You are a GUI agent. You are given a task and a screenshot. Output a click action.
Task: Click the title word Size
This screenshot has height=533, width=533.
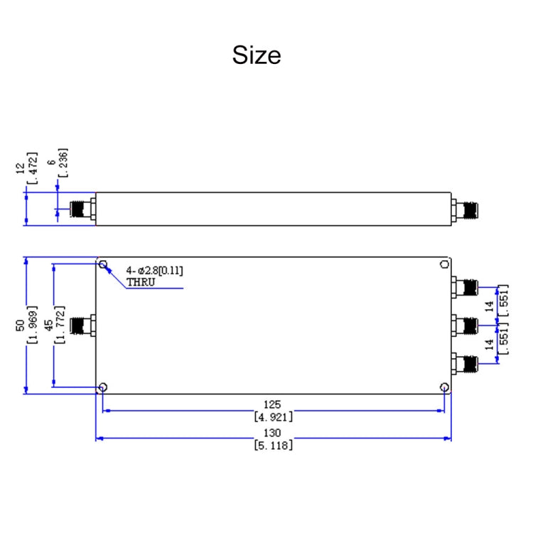pyautogui.click(x=257, y=55)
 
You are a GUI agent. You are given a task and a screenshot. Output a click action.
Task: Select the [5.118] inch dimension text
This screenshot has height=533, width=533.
pyautogui.click(x=273, y=446)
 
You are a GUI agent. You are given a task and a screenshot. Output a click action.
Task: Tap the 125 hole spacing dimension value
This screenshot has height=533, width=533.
pyautogui.click(x=273, y=404)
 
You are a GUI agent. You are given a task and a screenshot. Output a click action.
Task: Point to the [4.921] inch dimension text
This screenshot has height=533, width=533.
pyautogui.click(x=273, y=417)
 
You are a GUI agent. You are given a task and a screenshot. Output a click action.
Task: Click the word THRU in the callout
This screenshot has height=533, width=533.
pyautogui.click(x=139, y=282)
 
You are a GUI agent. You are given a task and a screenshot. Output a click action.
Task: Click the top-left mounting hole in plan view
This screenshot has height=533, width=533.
pyautogui.click(x=104, y=265)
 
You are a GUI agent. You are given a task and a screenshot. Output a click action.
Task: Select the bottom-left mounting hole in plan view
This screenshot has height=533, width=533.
pyautogui.click(x=104, y=387)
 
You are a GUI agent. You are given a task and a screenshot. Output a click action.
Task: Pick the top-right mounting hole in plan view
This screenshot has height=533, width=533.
pyautogui.click(x=444, y=265)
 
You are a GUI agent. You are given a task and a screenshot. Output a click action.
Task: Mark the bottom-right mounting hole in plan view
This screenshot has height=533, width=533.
pyautogui.click(x=444, y=387)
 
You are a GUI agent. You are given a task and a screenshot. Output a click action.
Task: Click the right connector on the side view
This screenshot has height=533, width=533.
pyautogui.click(x=466, y=210)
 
